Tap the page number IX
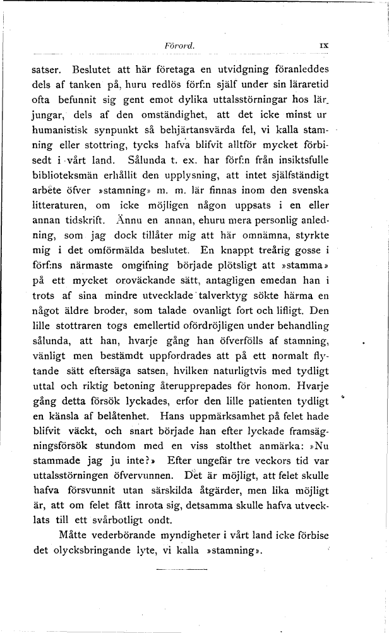click(x=325, y=46)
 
